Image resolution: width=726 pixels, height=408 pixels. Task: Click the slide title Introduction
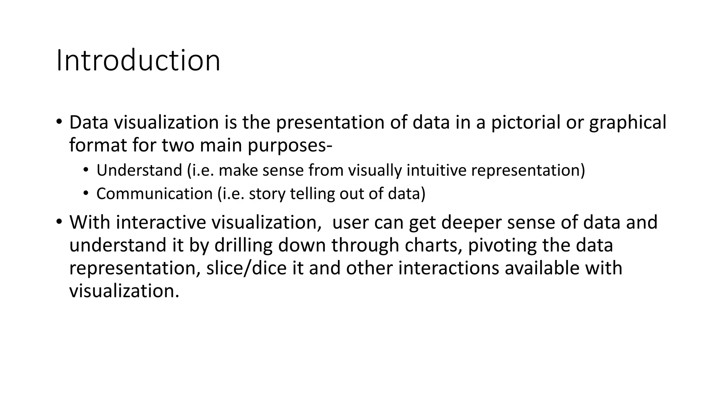[x=138, y=61]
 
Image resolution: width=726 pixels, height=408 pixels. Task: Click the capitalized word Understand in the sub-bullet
[x=139, y=170]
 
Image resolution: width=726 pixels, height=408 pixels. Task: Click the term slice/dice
[x=246, y=268]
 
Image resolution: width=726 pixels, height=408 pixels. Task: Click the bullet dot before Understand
[x=85, y=170]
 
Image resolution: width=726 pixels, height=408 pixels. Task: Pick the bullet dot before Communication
[x=85, y=193]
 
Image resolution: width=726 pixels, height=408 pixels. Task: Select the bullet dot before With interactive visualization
[x=59, y=222]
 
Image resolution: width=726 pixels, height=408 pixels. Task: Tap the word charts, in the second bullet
[x=434, y=245]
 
